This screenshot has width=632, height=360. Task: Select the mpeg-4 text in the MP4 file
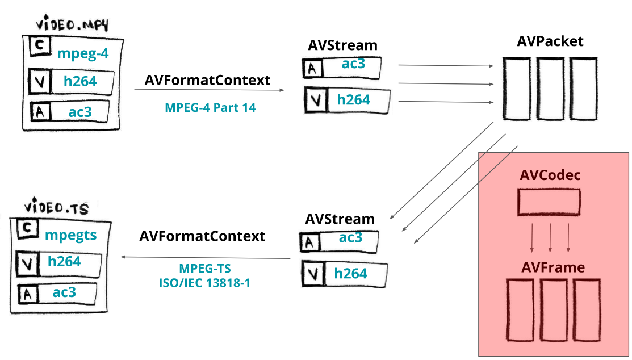[82, 54]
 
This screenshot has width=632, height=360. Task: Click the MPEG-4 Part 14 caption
[210, 107]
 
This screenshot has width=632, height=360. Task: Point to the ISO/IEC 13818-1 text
[204, 282]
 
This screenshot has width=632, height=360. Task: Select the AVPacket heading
[550, 41]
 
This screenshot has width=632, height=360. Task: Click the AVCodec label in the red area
[550, 175]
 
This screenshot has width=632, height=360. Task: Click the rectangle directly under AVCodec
[549, 202]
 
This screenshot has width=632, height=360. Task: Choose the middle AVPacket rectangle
[550, 89]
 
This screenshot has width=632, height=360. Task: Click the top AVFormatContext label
[207, 81]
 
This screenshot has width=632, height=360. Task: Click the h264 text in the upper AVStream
[353, 100]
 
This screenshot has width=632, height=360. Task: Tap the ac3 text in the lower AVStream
[350, 237]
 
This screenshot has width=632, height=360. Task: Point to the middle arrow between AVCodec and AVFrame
[550, 238]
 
